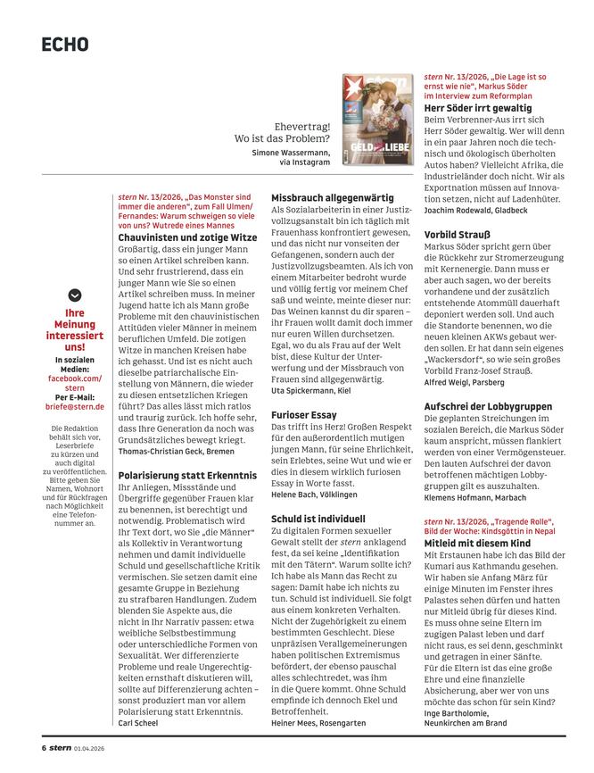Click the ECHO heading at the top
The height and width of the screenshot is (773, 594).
pos(64,44)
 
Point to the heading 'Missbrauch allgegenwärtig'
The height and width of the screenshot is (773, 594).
pos(332,197)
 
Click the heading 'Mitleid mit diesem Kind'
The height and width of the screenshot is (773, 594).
pos(477,542)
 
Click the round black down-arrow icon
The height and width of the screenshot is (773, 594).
pos(75,295)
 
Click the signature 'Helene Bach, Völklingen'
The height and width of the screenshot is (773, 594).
pos(314,494)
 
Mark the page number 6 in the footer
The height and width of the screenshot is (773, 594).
pos(43,747)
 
